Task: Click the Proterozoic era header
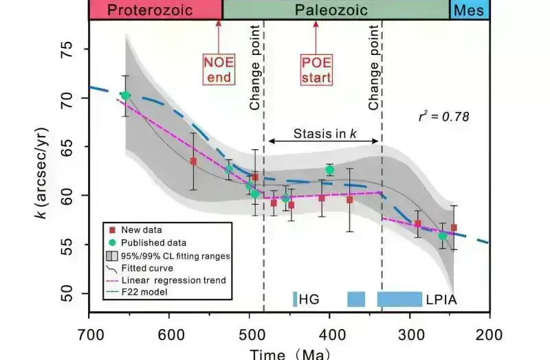155,10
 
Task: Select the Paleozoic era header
336,10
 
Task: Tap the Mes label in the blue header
470,10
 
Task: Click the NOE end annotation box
217,69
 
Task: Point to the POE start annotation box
316,69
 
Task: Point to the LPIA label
441,300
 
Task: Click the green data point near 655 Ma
125,95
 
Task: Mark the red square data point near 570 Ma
193,161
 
